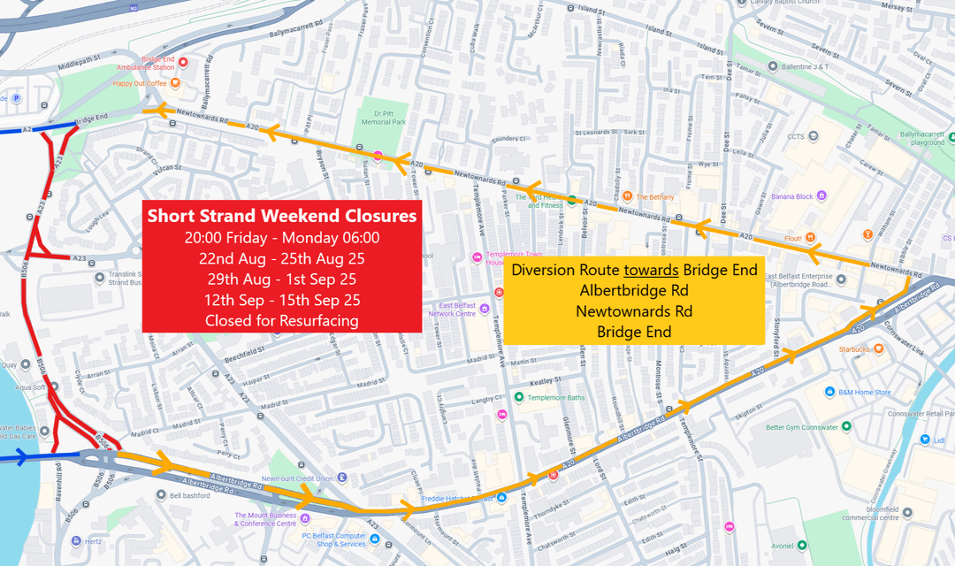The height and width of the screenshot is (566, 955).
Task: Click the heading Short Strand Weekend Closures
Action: tap(282, 216)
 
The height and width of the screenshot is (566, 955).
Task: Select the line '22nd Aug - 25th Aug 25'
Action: tap(282, 258)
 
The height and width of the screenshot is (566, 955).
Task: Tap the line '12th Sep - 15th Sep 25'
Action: tap(282, 300)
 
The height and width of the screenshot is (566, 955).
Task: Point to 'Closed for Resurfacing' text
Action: tap(282, 320)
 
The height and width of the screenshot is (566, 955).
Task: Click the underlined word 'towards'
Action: tap(652, 270)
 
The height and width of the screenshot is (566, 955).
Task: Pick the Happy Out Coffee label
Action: tap(140, 83)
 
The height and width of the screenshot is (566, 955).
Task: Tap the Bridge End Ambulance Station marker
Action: tap(183, 62)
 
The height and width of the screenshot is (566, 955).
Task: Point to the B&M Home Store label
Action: tap(865, 392)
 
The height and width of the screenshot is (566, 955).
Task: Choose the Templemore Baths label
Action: tap(556, 398)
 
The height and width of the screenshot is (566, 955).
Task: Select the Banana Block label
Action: tap(792, 196)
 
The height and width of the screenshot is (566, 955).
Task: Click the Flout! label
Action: tap(793, 239)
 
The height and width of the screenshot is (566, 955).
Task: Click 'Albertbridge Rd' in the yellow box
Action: tap(635, 290)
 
